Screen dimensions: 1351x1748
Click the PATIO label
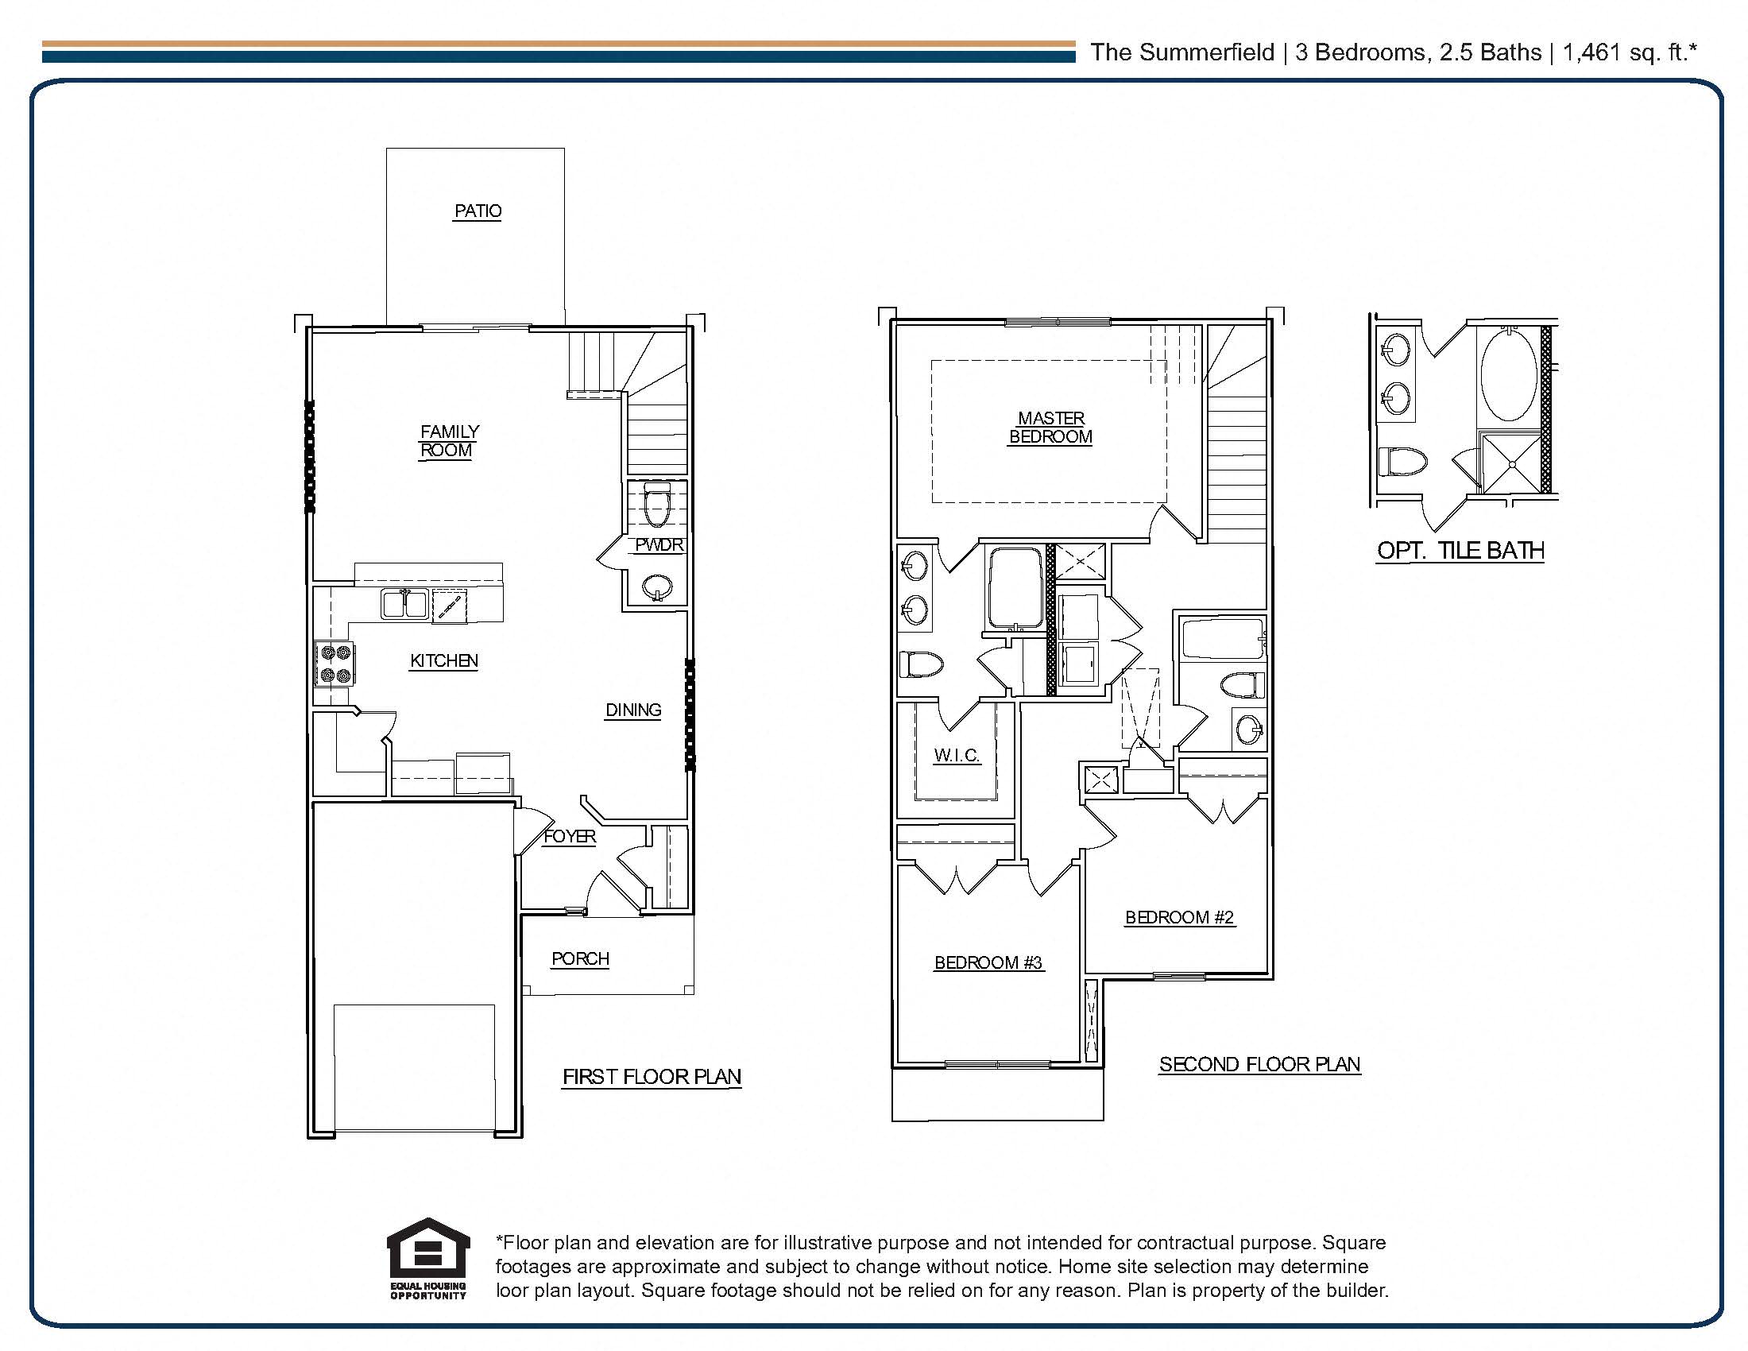[478, 211]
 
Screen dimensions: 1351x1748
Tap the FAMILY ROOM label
[448, 441]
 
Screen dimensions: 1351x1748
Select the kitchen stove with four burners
[335, 664]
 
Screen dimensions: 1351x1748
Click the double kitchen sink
[404, 604]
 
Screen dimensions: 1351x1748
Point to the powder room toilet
[656, 504]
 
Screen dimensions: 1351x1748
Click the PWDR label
[659, 545]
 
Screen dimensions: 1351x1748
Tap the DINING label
[633, 710]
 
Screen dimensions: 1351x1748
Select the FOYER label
[569, 836]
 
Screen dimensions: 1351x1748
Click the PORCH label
[580, 959]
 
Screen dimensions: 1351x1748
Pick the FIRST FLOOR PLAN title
[652, 1078]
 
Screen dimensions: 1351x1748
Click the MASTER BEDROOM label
[1050, 428]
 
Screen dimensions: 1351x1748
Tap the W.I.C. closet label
[957, 755]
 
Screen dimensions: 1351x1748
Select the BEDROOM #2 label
[1180, 917]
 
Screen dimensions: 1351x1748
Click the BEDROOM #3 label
[988, 963]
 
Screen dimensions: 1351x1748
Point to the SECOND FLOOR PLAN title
[1260, 1064]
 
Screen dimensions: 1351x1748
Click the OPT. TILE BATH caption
[1460, 551]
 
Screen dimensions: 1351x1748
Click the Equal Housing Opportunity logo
[428, 1259]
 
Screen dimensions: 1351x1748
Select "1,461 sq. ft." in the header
[1630, 52]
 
